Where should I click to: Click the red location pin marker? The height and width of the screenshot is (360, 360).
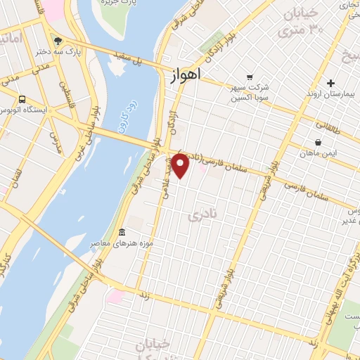tap(181, 166)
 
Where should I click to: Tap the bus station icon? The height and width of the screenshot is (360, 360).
tap(23, 99)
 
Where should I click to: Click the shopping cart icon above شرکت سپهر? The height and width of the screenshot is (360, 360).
tap(249, 77)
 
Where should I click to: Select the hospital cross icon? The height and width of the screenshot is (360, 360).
tap(330, 84)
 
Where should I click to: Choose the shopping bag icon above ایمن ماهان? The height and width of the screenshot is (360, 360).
tap(319, 143)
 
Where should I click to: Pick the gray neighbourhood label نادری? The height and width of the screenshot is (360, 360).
tap(200, 216)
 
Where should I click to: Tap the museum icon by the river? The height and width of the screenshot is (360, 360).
tap(122, 233)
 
